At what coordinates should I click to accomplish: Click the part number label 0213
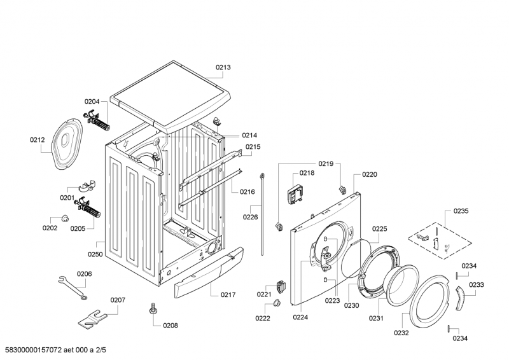click(x=223, y=67)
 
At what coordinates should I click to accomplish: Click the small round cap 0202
click(x=65, y=218)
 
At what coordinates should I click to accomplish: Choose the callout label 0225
click(x=379, y=229)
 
